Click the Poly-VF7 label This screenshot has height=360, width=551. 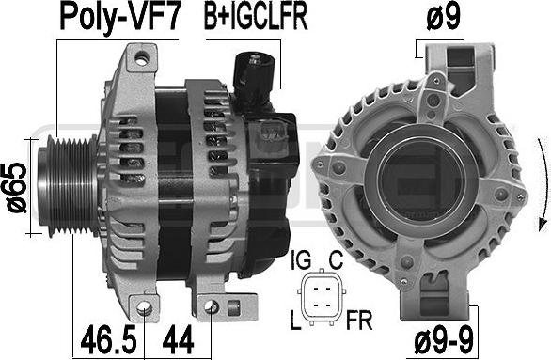tap(120, 17)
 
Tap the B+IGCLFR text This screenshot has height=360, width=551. tap(256, 17)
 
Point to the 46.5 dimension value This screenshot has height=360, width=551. tap(108, 339)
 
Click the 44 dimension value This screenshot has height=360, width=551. tap(178, 339)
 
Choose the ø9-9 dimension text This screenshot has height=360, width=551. tap(444, 339)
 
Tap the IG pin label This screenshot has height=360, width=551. tap(301, 260)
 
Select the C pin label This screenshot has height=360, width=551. tap(336, 260)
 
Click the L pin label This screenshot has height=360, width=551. tap(295, 320)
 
